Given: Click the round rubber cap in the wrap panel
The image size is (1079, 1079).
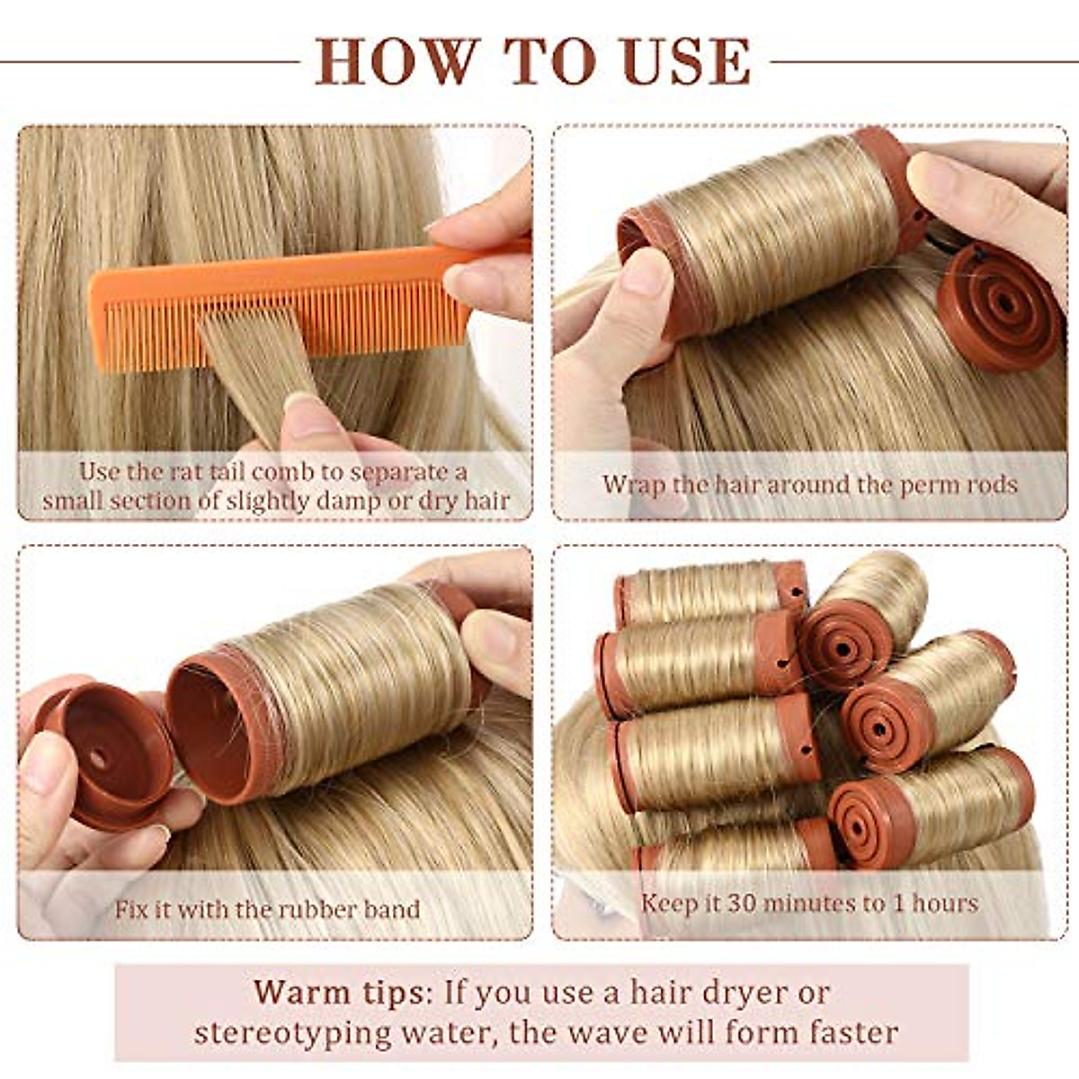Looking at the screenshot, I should click(998, 306).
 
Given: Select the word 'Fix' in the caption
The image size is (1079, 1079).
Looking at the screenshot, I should click(129, 909).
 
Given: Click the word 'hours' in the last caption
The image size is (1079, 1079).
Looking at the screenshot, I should click(944, 903).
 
